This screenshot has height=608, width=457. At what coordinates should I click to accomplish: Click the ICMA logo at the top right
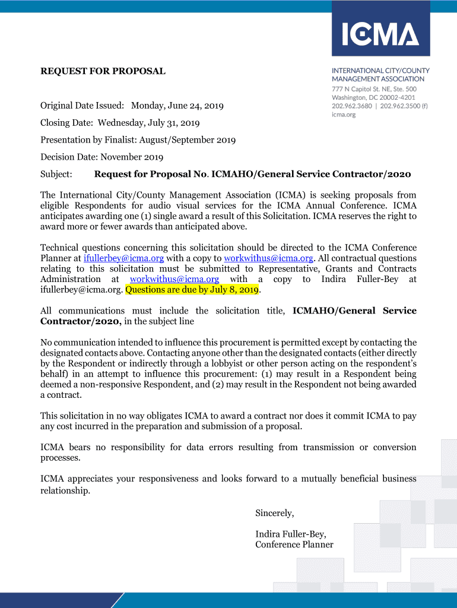tap(380, 34)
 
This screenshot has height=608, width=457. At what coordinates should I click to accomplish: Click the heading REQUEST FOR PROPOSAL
tap(103, 71)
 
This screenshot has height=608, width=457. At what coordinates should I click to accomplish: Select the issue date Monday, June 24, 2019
tap(177, 106)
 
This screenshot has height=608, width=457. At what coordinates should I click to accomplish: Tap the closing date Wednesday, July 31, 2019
tap(148, 123)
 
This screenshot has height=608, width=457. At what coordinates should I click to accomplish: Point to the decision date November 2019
tap(132, 157)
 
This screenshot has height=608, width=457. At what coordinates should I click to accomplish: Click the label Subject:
tap(56, 175)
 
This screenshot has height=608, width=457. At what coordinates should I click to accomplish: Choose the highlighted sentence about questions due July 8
tap(193, 290)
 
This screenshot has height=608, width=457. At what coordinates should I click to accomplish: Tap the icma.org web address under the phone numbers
tap(344, 115)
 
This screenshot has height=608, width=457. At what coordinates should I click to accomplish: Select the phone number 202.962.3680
tap(353, 106)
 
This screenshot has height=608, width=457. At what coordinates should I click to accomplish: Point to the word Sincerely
tap(274, 513)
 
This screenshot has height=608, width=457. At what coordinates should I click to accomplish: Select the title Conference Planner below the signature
tap(294, 544)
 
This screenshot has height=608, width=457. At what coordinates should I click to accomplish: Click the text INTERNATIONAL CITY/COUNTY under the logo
tap(380, 71)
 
